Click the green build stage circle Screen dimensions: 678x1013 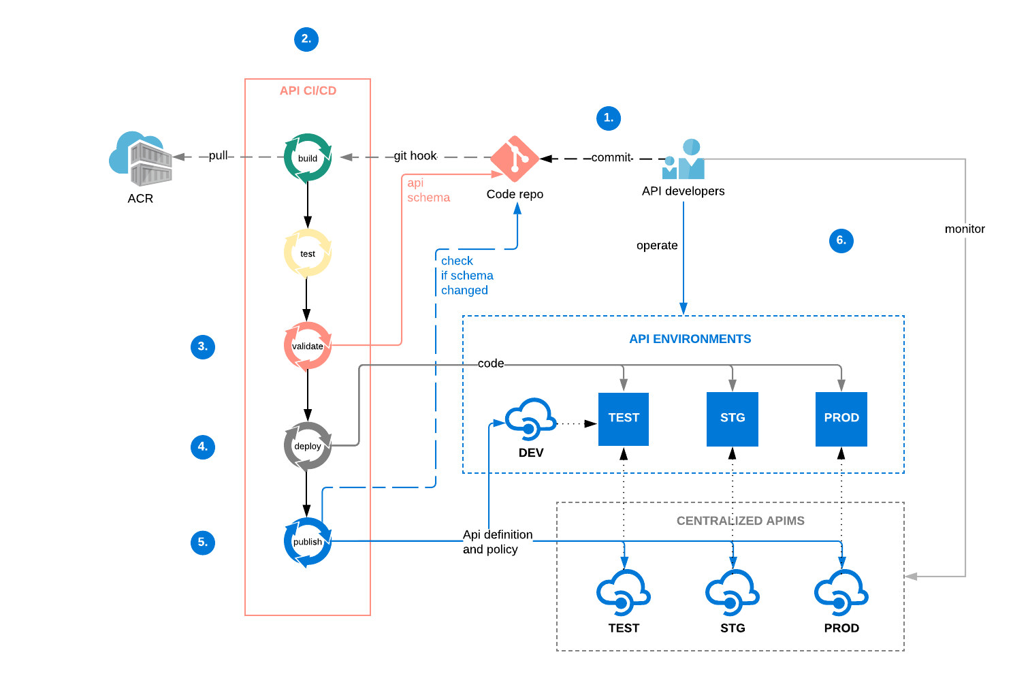308,158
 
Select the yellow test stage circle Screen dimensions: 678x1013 308,253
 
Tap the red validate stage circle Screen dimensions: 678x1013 308,346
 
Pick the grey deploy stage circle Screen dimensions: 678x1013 308,446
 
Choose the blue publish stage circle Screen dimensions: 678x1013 308,542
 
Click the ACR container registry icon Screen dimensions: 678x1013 141,160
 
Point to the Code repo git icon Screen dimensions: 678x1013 515,159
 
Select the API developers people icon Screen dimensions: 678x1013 684,160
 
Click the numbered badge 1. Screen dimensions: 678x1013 609,118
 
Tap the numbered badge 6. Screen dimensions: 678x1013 841,240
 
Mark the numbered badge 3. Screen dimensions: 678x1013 203,346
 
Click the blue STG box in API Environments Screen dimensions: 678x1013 733,419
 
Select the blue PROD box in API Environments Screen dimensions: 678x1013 841,419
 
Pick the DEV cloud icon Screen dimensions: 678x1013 530,419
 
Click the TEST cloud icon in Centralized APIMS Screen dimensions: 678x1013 623,592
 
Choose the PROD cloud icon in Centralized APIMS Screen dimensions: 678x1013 841,592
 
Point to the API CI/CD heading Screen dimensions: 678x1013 308,91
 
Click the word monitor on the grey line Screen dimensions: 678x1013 965,229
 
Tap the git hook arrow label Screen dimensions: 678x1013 415,156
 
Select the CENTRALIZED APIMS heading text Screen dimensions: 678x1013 740,521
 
